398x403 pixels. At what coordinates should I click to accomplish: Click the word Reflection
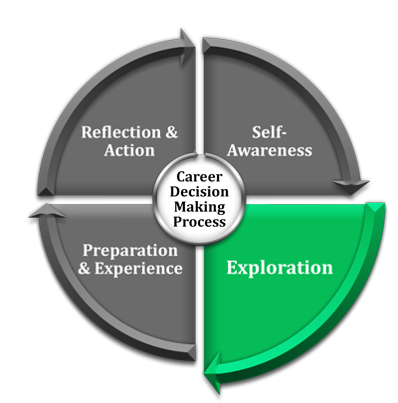pos(121,132)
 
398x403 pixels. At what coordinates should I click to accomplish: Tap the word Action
pos(129,150)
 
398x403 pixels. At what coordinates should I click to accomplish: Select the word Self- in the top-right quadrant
pos(269,132)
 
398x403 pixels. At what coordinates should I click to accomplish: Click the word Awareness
pos(270,150)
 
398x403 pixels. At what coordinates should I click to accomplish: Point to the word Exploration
pos(280,268)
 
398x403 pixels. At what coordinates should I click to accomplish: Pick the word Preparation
pos(130,251)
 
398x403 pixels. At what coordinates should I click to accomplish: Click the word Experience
pos(138,269)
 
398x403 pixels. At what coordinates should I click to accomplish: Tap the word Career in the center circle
pos(199,176)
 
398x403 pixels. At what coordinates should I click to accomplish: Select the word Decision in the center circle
pos(199,192)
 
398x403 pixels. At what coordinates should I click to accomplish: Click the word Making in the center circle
pos(200,207)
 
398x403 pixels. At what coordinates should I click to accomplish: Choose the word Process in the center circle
pos(199,222)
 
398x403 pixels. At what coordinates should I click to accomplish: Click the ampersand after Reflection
pos(171,132)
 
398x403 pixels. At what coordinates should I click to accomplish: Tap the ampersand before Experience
pos(85,268)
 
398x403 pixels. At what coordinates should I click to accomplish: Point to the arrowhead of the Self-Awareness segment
pos(351,186)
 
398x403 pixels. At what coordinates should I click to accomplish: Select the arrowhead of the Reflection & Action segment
pos(187,47)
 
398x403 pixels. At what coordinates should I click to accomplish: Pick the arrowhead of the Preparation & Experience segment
pos(47,212)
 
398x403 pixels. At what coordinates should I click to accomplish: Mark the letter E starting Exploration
pos(232,268)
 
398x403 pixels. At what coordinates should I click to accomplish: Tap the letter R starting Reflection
pos(88,132)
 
